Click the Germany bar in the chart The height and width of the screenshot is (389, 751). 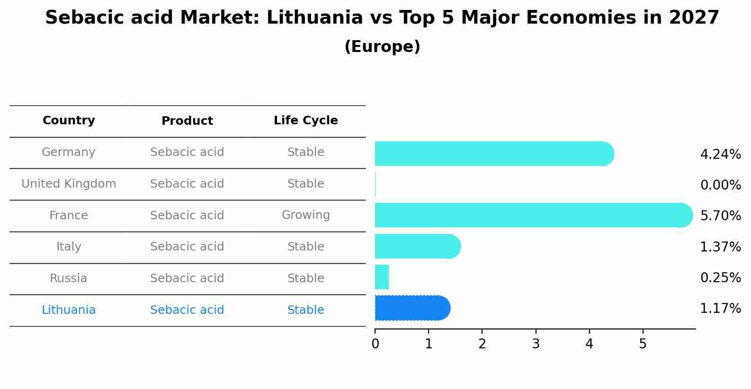(x=492, y=154)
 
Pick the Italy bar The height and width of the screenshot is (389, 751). (x=417, y=246)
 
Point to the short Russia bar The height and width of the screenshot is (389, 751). (x=382, y=277)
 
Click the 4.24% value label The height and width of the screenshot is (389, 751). (x=720, y=155)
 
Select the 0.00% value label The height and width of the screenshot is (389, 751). (x=720, y=185)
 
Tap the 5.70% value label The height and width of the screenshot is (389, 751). (x=720, y=216)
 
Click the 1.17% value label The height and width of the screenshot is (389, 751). (x=720, y=309)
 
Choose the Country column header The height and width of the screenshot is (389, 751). (x=69, y=121)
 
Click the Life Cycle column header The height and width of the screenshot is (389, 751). (x=305, y=121)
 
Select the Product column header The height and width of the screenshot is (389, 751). (x=187, y=121)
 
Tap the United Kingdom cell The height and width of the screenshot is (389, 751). (x=69, y=184)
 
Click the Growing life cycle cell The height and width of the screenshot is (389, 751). (x=305, y=215)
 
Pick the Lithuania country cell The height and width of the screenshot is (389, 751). (x=69, y=310)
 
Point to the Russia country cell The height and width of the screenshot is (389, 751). (x=69, y=278)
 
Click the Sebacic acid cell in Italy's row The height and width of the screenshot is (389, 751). (x=187, y=247)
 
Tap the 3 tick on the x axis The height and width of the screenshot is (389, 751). (x=536, y=344)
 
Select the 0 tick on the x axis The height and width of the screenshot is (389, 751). (x=375, y=344)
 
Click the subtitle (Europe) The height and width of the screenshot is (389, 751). (x=382, y=47)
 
